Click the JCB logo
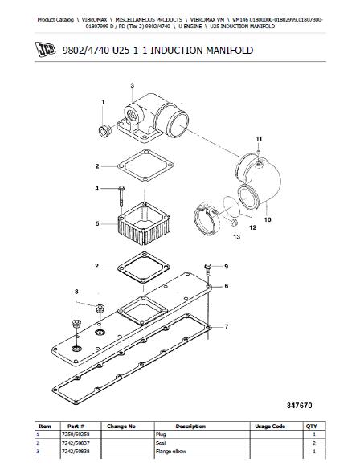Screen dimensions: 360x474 point(45,50)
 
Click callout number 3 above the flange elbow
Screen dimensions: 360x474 point(132,85)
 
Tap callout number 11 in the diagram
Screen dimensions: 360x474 point(259,139)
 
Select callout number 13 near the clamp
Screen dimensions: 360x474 point(237,236)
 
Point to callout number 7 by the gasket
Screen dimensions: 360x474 point(227,326)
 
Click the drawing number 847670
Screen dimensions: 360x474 point(299,406)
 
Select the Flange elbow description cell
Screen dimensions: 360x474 point(171,452)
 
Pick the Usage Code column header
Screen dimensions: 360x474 point(270,427)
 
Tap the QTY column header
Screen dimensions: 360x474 point(311,427)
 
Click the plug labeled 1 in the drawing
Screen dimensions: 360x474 point(105,132)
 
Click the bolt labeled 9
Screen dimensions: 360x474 point(208,269)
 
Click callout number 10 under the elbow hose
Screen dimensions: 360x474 point(268,219)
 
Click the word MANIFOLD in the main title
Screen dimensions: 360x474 point(230,50)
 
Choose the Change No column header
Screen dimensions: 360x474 point(121,427)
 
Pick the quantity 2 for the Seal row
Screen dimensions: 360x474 point(314,443)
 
